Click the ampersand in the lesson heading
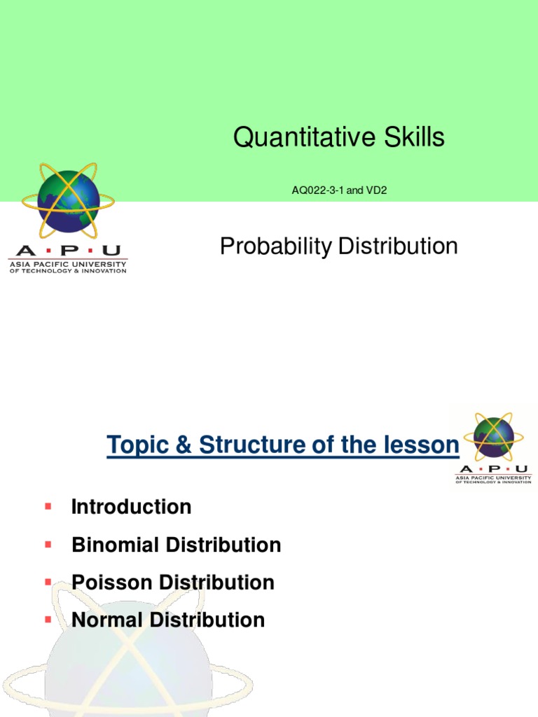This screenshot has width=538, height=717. [184, 445]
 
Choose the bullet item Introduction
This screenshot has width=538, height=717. [131, 507]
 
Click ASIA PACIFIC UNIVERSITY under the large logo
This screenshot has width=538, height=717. [67, 264]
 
